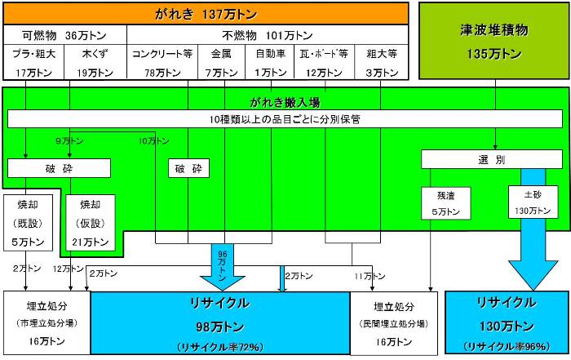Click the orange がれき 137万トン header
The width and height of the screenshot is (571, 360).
pos(205,14)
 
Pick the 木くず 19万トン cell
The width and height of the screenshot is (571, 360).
pos(89,64)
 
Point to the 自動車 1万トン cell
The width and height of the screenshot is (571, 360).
pos(271,64)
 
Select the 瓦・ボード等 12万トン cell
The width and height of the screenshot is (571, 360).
pos(325,64)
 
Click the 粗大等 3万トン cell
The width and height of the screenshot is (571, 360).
pos(381,64)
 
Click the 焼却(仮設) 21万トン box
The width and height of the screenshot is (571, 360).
pos(89,221)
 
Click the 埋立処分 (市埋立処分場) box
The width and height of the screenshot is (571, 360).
pos(45,323)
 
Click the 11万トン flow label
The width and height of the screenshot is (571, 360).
pos(370,276)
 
